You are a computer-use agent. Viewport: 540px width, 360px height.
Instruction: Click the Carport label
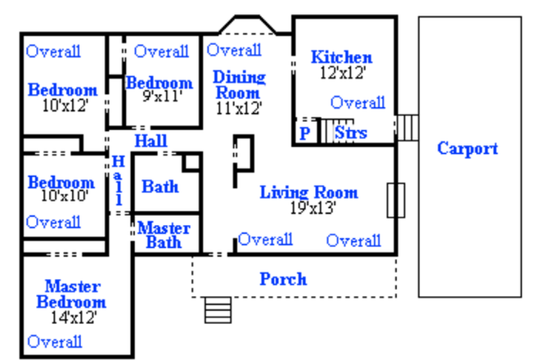point(467,149)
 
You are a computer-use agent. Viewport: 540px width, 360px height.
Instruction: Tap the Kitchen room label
point(341,57)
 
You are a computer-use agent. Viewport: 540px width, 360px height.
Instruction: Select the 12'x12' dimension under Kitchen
point(342,72)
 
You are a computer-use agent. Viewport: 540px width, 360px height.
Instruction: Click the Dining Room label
point(239,85)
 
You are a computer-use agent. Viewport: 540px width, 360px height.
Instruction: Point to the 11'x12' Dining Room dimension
point(238,106)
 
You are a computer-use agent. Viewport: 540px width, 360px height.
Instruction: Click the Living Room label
point(308,193)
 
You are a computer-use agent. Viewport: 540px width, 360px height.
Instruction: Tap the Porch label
point(283,279)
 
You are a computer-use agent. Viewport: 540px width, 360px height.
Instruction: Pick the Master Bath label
point(164,235)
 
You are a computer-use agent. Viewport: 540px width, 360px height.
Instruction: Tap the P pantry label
point(304,133)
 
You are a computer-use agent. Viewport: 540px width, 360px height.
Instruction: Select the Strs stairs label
point(351,133)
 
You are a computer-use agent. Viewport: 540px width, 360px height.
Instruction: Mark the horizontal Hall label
point(151,142)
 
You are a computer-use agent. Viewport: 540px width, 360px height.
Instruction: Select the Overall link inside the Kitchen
point(358,103)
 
